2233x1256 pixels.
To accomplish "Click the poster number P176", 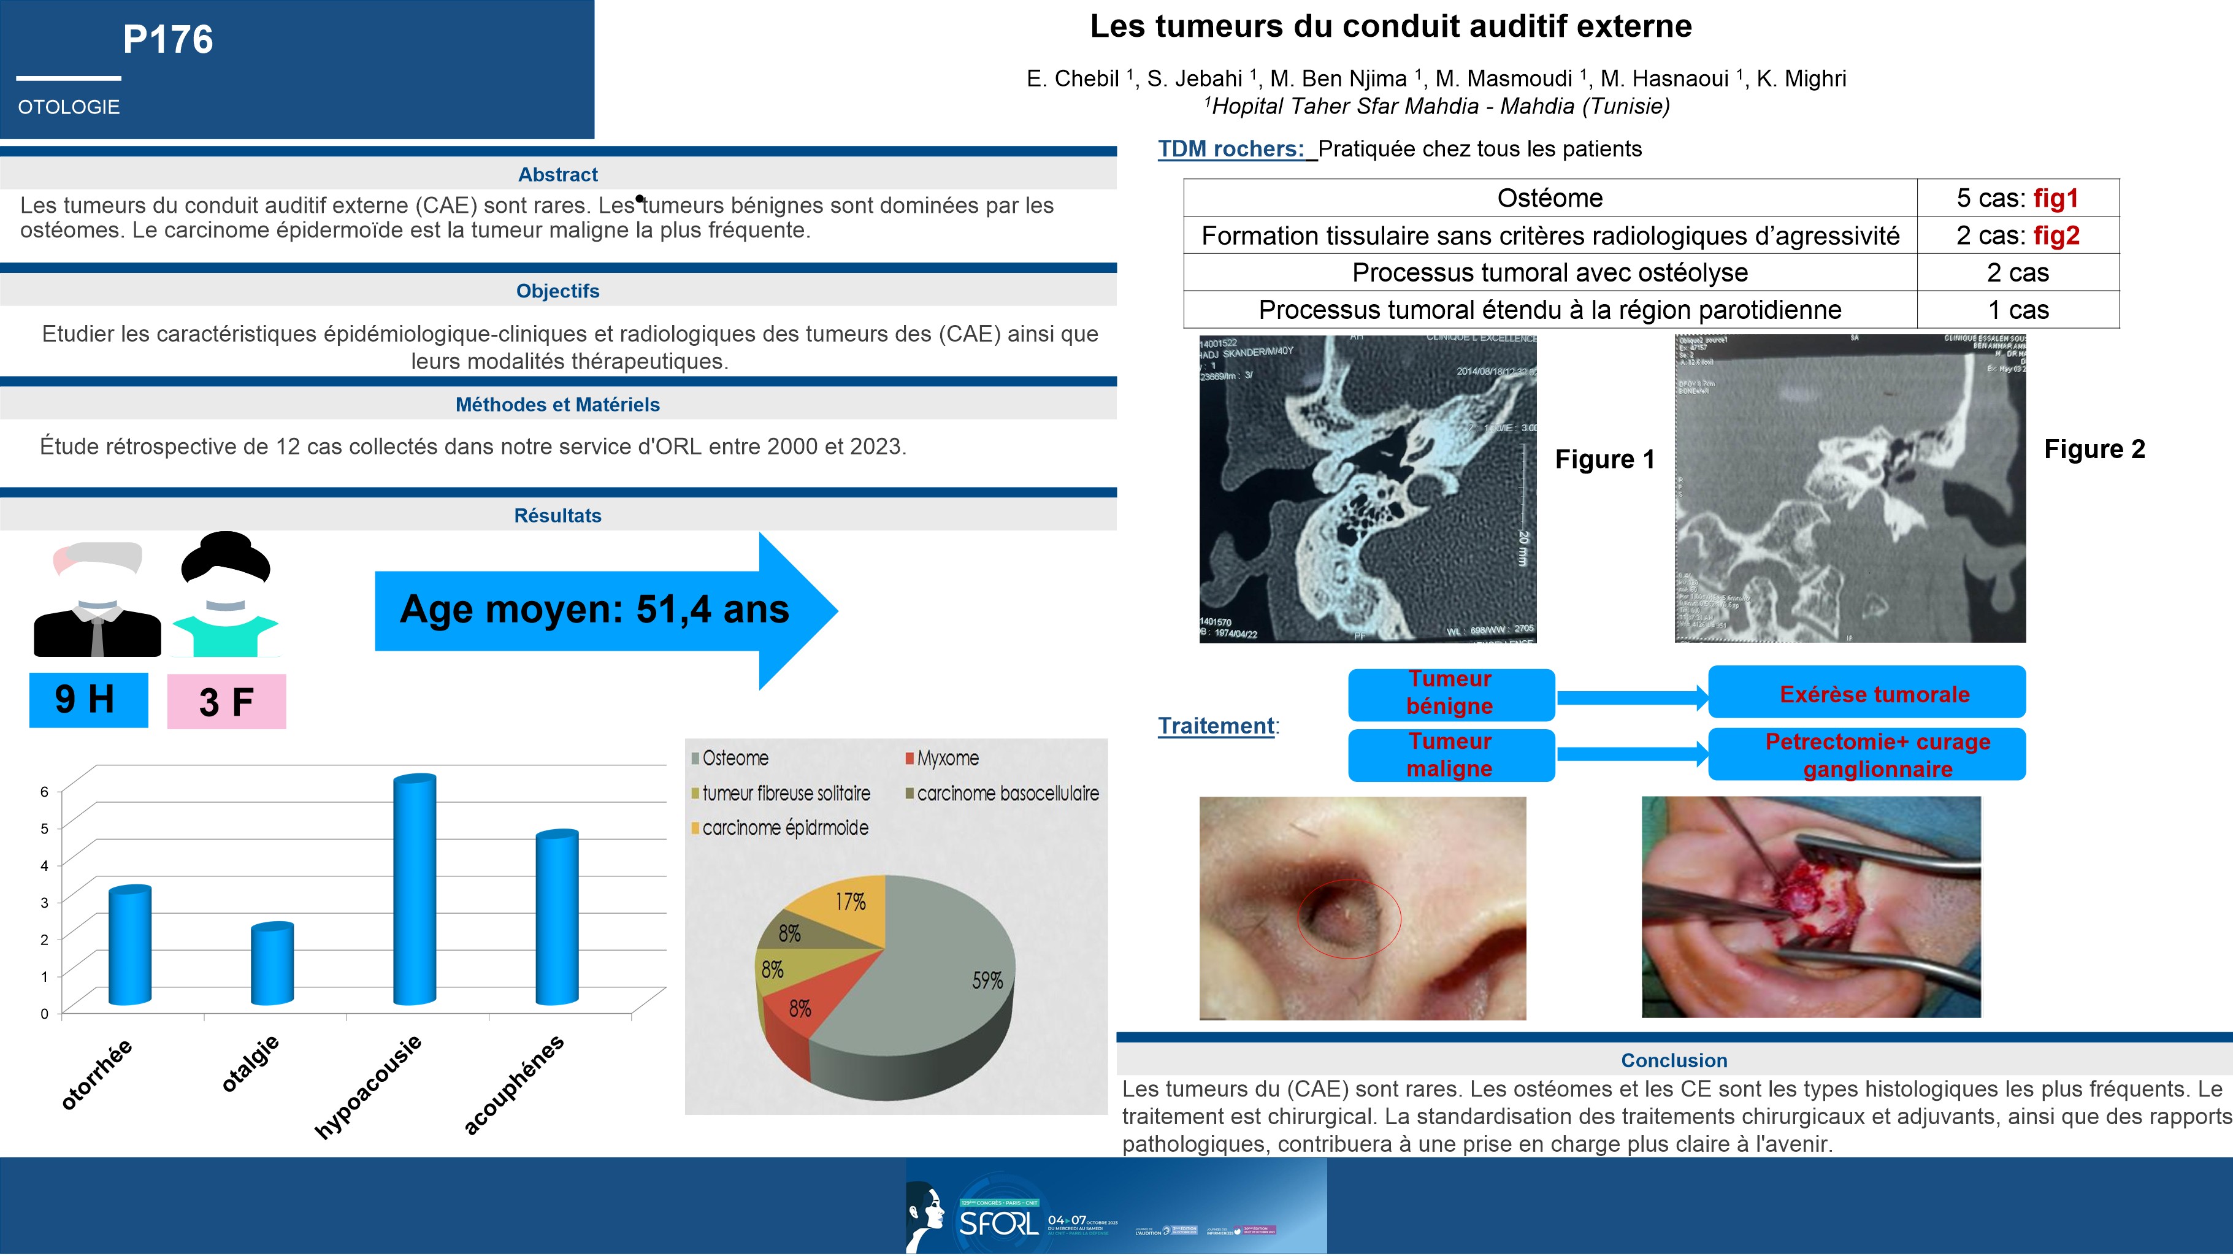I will click(167, 40).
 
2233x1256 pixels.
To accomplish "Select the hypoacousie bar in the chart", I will click(415, 890).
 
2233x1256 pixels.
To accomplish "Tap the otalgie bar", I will click(272, 965).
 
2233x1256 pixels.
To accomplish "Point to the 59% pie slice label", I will click(987, 981).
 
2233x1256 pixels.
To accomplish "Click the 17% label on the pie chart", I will click(851, 902).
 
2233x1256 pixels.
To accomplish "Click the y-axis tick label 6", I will click(44, 791).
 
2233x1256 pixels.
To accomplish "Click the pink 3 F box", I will click(226, 701).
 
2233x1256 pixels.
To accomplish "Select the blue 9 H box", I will click(88, 700).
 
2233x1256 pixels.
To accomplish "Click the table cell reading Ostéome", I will click(1550, 199).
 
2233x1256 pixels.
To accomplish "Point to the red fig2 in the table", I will click(2056, 235).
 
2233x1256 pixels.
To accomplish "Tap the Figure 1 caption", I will click(1604, 459).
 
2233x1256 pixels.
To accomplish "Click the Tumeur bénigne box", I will click(1450, 694).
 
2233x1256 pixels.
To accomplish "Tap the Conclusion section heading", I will click(1674, 1060).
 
